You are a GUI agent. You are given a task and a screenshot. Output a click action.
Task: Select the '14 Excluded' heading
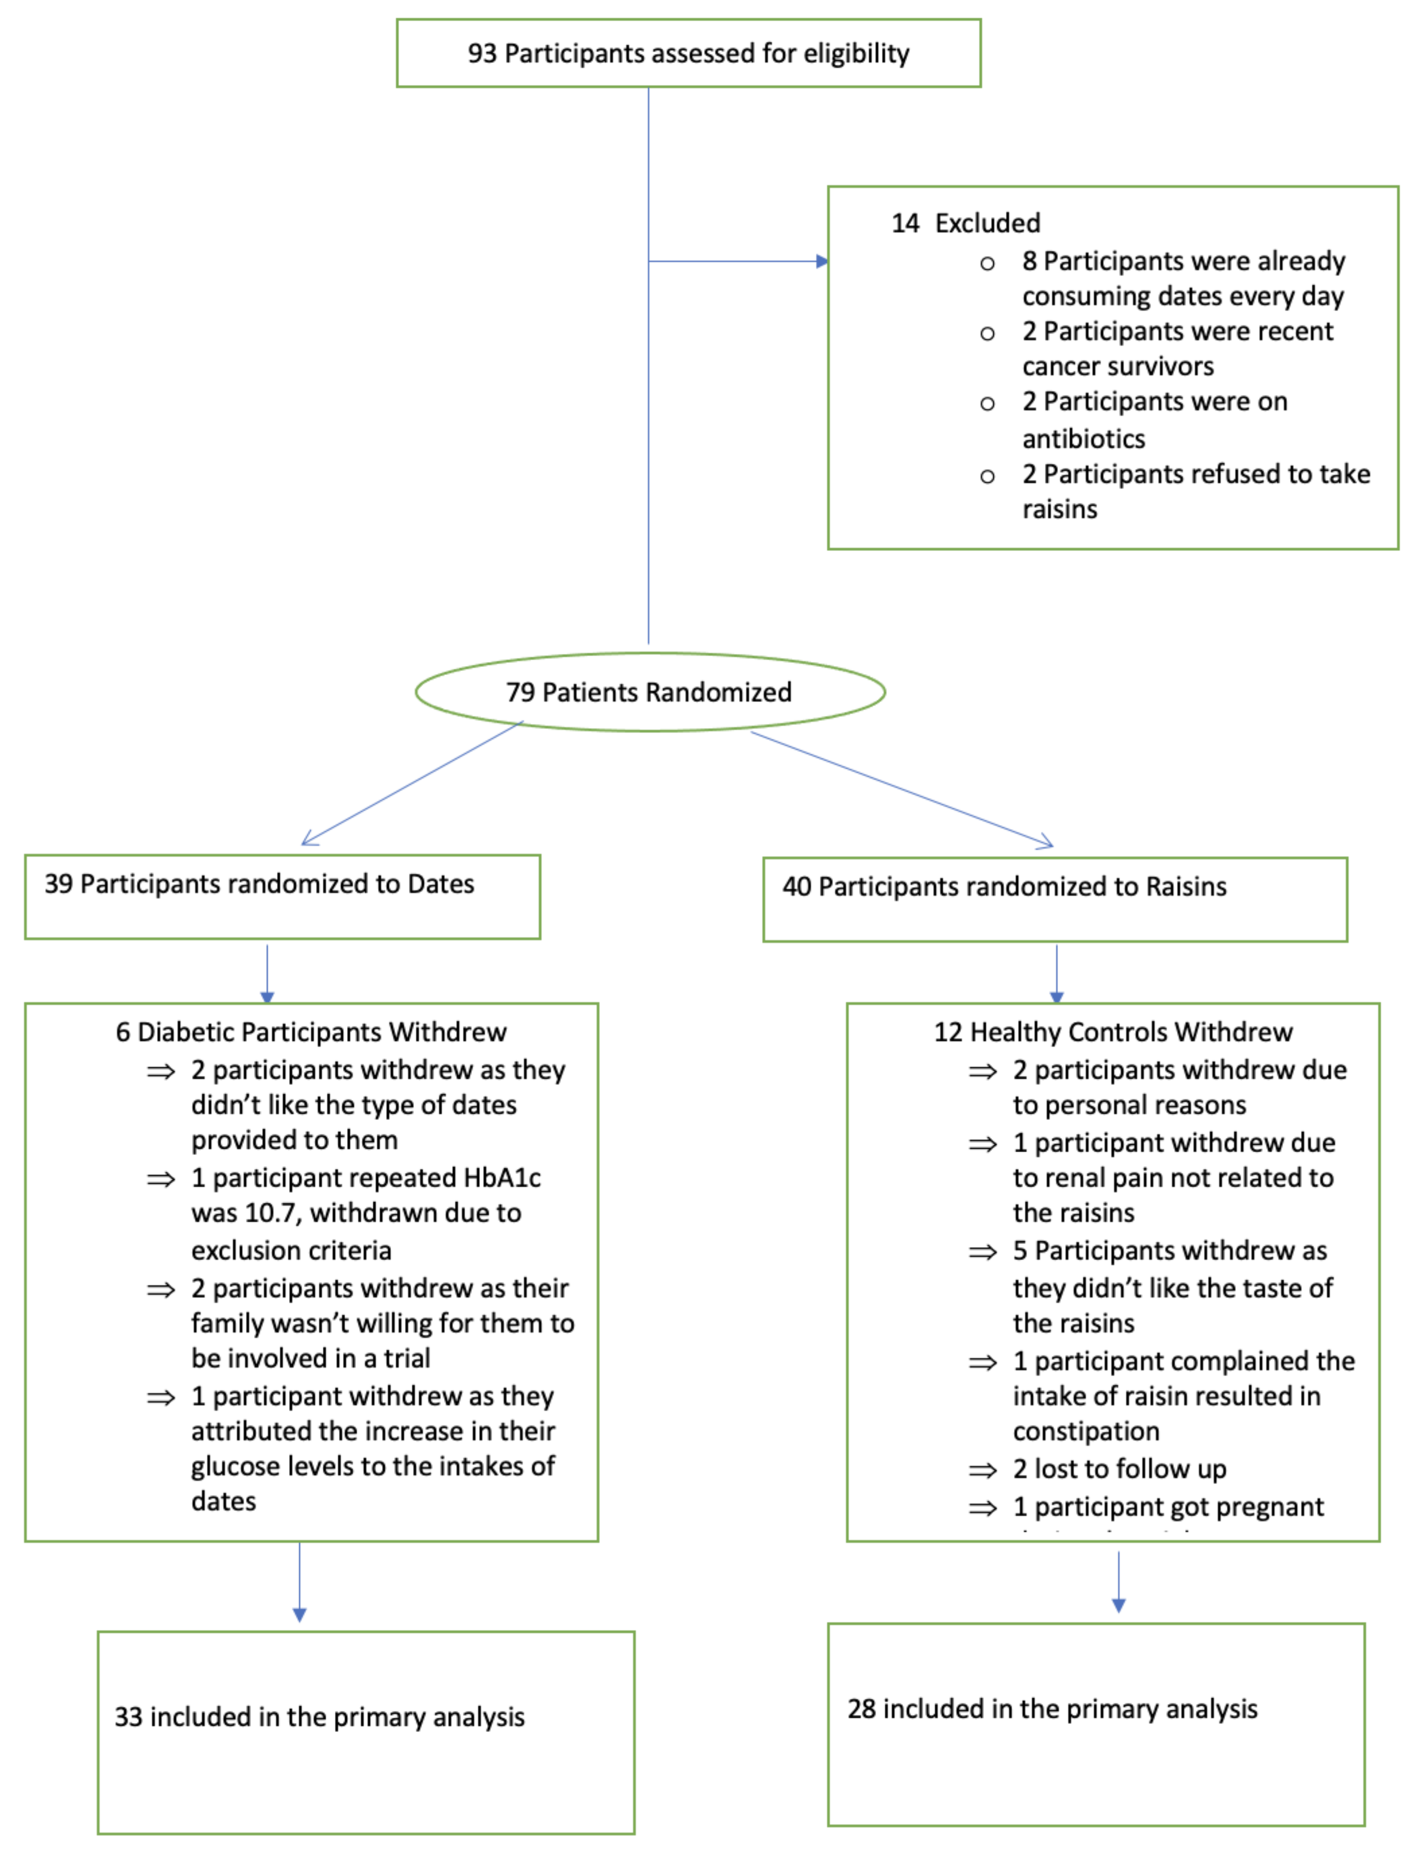(x=966, y=223)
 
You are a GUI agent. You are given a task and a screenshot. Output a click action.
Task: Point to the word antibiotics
(x=1083, y=439)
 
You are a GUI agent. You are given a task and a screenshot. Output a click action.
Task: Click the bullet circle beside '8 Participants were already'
(x=987, y=264)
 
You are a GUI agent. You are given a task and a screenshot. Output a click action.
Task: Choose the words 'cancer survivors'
(x=1117, y=367)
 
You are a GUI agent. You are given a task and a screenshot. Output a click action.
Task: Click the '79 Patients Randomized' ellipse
(x=649, y=692)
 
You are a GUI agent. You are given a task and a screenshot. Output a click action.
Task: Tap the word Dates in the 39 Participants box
(x=441, y=884)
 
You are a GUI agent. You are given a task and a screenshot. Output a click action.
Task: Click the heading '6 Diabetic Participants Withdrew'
(x=311, y=1032)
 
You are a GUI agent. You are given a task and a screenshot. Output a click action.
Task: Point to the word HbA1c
(x=502, y=1178)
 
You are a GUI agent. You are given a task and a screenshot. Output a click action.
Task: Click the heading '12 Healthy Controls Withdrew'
(x=1113, y=1032)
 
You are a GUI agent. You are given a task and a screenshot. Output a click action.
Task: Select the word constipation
(x=1086, y=1432)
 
